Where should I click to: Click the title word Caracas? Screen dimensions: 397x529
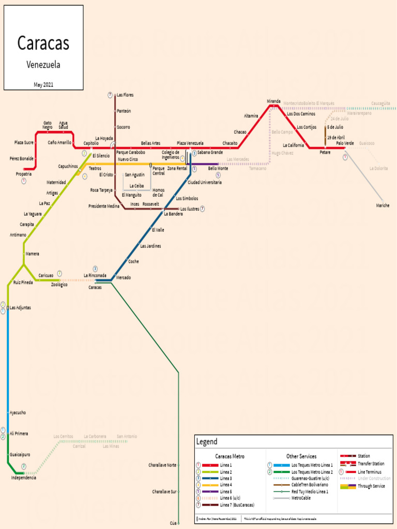(43, 43)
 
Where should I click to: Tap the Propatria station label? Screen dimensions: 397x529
(24, 174)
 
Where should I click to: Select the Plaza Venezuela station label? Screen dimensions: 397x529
(190, 143)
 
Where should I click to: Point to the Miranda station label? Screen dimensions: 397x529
(273, 101)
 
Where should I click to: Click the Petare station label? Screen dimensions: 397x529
(325, 152)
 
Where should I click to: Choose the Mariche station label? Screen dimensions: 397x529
(383, 206)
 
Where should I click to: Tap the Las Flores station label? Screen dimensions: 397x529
(125, 95)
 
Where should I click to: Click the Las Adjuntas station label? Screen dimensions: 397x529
(20, 307)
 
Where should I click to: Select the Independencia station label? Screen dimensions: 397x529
(24, 478)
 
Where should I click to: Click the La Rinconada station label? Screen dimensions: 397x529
(95, 275)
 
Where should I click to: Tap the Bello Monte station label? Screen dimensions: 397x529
(218, 168)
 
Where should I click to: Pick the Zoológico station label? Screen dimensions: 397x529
(59, 285)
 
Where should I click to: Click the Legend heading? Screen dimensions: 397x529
(207, 442)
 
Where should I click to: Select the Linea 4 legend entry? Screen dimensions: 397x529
(226, 485)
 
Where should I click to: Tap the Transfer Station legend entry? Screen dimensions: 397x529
(371, 464)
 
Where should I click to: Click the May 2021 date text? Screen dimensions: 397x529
(43, 84)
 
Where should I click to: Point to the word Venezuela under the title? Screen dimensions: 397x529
(43, 65)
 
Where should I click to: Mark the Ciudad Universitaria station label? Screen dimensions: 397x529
(205, 182)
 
